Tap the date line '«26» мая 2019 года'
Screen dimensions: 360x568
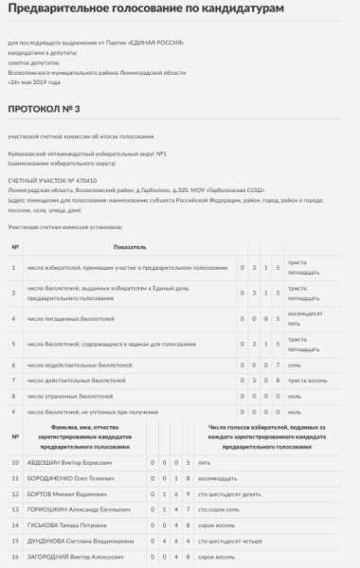tap(40, 82)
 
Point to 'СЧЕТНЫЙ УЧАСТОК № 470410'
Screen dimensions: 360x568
tap(52, 179)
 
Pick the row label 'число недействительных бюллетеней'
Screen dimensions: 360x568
tap(80, 364)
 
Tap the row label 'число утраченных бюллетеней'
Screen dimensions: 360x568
tap(71, 396)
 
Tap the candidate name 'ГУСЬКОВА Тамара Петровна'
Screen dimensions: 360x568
tap(68, 526)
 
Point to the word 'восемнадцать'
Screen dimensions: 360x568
tap(217, 478)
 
